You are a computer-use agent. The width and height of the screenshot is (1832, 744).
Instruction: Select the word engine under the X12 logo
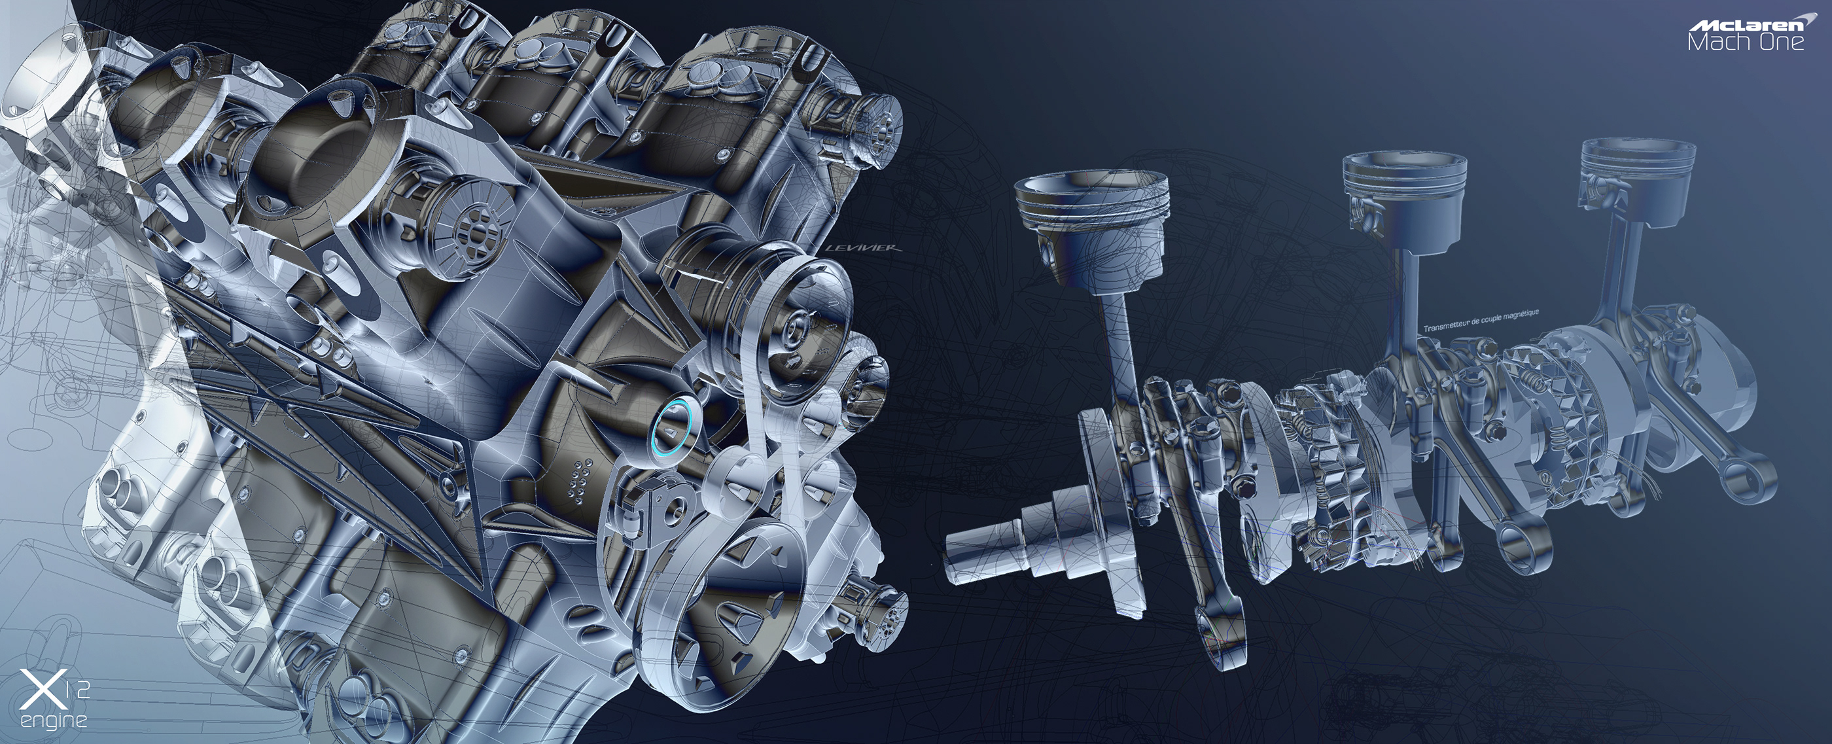54,720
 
